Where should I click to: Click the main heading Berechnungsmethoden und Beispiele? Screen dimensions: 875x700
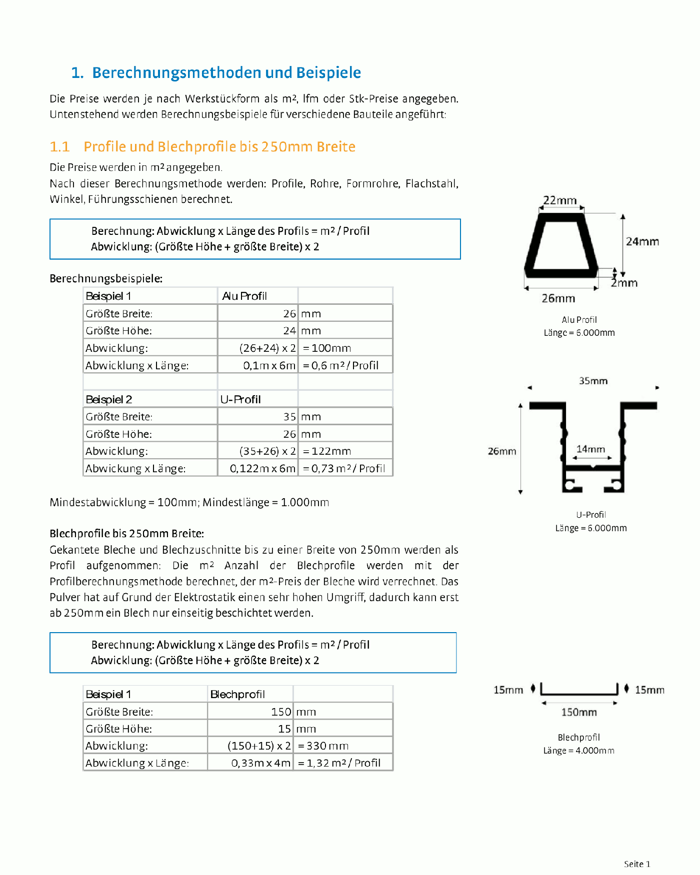pyautogui.click(x=216, y=73)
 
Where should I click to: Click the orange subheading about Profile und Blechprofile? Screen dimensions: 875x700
pyautogui.click(x=202, y=147)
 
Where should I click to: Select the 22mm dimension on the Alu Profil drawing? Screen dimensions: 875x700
pyautogui.click(x=560, y=200)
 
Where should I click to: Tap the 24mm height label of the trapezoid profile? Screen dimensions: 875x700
pyautogui.click(x=642, y=242)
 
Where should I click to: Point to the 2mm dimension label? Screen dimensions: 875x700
pyautogui.click(x=624, y=283)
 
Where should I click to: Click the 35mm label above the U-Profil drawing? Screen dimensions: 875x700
pyautogui.click(x=593, y=381)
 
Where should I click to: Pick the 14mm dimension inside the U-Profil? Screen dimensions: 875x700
pyautogui.click(x=590, y=449)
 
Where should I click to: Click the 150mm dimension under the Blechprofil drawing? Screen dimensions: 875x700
pyautogui.click(x=579, y=713)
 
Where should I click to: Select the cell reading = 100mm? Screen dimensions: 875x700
pyautogui.click(x=327, y=348)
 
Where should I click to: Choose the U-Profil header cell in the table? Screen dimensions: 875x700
pyautogui.click(x=240, y=400)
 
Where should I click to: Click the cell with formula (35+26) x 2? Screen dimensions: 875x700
pyautogui.click(x=267, y=451)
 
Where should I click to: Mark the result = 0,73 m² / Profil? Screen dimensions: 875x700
pyautogui.click(x=344, y=469)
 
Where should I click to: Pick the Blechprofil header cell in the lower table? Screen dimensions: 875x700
pyautogui.click(x=237, y=695)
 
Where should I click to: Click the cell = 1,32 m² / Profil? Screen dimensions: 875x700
pyautogui.click(x=339, y=763)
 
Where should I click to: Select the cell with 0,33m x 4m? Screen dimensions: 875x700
pyautogui.click(x=260, y=763)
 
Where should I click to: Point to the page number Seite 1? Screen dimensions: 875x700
pyautogui.click(x=637, y=864)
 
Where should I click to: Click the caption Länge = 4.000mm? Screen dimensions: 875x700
pyautogui.click(x=579, y=751)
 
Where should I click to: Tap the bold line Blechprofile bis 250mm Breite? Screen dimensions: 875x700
pyautogui.click(x=127, y=534)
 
